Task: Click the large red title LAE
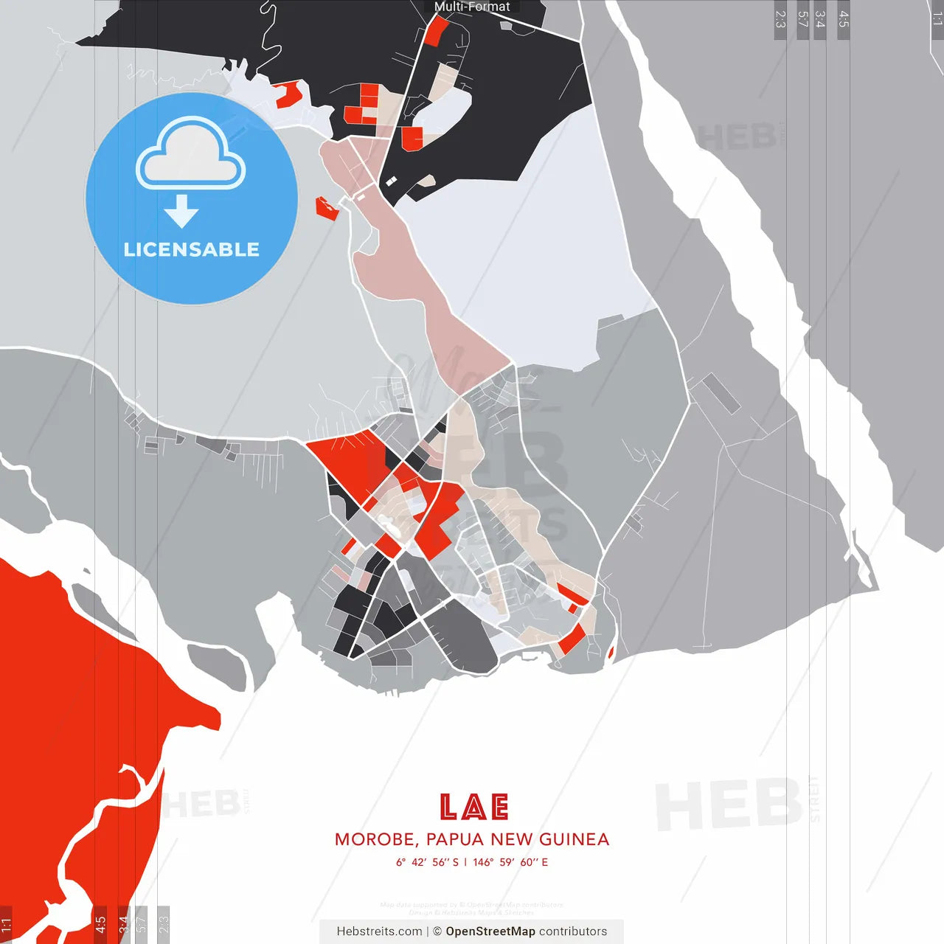point(473,807)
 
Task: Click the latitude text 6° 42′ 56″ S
point(427,862)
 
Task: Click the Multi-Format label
point(472,7)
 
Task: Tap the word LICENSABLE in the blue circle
point(192,249)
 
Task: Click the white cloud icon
point(191,155)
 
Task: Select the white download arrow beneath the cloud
point(181,212)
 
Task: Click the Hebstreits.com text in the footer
point(379,931)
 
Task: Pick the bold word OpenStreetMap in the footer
point(490,931)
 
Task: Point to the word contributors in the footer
point(573,931)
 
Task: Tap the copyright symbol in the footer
point(437,931)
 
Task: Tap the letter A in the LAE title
point(474,807)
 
